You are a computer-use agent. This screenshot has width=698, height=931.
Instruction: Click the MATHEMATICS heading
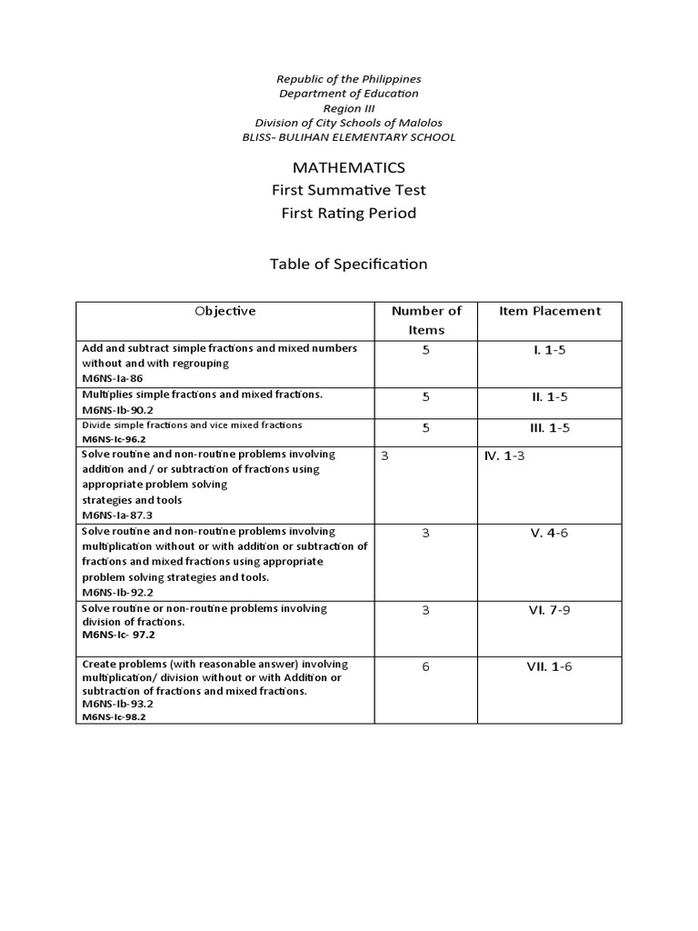tap(348, 167)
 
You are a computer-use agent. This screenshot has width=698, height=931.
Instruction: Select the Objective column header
tap(225, 311)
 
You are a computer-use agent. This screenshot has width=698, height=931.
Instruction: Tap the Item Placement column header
tap(550, 311)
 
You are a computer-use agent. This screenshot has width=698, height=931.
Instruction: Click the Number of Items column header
tap(426, 320)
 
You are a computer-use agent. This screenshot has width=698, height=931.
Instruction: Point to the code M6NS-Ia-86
tap(113, 378)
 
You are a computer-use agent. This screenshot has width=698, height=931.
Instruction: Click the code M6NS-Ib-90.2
tap(117, 410)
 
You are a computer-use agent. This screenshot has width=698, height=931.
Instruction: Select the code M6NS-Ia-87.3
tap(117, 516)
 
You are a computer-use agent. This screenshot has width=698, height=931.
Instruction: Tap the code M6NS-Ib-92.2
tap(117, 593)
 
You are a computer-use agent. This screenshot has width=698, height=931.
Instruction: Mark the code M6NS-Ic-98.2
tap(114, 716)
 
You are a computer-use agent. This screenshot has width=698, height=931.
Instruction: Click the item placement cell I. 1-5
tap(549, 350)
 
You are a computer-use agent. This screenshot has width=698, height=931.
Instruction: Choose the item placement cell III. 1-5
tap(549, 427)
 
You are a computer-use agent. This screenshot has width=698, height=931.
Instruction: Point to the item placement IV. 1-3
tap(504, 456)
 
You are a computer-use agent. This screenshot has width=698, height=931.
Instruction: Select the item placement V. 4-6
tap(549, 534)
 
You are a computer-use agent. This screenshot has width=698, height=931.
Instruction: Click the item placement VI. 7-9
tap(549, 611)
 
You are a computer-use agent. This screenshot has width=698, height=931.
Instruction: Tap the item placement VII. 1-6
tap(549, 667)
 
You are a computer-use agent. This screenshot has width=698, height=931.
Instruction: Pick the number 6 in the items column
tap(425, 667)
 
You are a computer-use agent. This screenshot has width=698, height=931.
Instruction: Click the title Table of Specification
tap(348, 265)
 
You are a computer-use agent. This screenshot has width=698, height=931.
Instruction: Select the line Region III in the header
tap(348, 108)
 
